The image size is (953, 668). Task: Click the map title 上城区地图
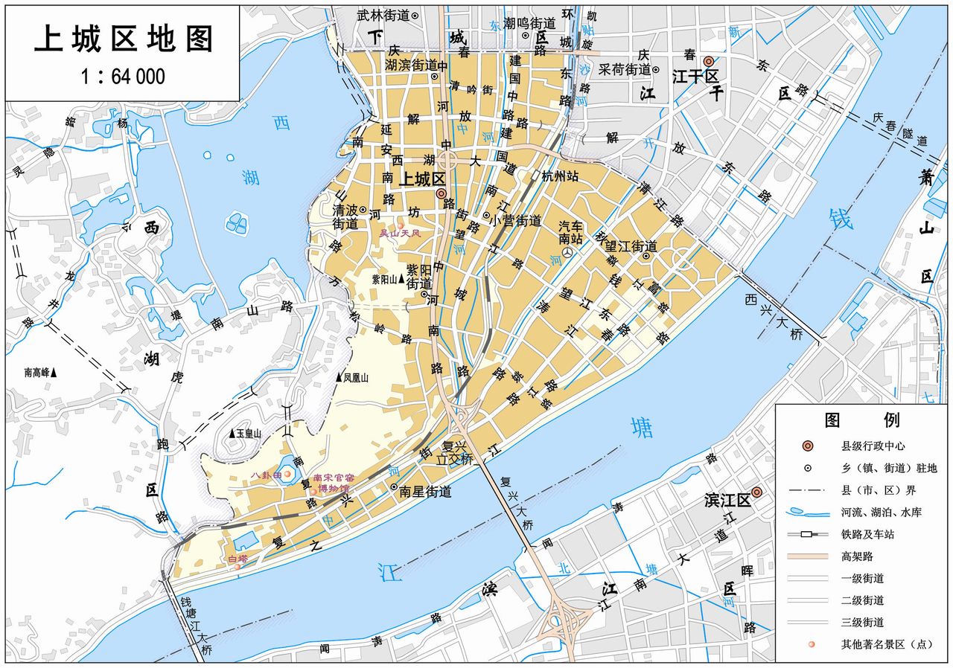click(x=124, y=39)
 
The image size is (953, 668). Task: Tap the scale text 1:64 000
click(x=123, y=77)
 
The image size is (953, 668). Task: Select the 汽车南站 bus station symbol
click(x=568, y=254)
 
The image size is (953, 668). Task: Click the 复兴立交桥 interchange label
click(x=455, y=453)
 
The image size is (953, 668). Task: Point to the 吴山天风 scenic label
click(x=401, y=233)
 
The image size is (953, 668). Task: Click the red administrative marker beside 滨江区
click(x=757, y=492)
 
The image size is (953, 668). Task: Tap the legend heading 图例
click(x=862, y=420)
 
